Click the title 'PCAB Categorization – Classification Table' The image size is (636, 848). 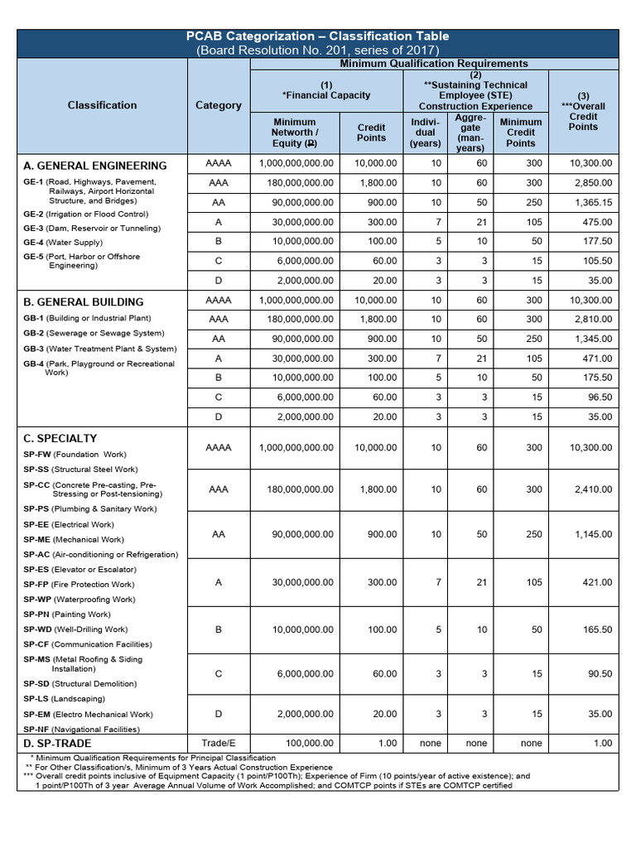point(317,36)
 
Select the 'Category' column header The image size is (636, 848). point(219,105)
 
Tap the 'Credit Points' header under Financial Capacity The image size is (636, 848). point(371,132)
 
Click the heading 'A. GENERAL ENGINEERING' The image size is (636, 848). point(95,166)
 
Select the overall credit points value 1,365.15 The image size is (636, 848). point(590,202)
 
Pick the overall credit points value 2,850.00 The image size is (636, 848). point(590,182)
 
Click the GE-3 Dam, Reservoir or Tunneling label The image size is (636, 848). point(92,228)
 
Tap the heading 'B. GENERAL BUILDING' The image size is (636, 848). point(84,302)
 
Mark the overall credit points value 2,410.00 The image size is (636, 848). point(590,489)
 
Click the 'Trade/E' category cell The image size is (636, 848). point(219,744)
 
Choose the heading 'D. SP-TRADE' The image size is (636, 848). point(59,744)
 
